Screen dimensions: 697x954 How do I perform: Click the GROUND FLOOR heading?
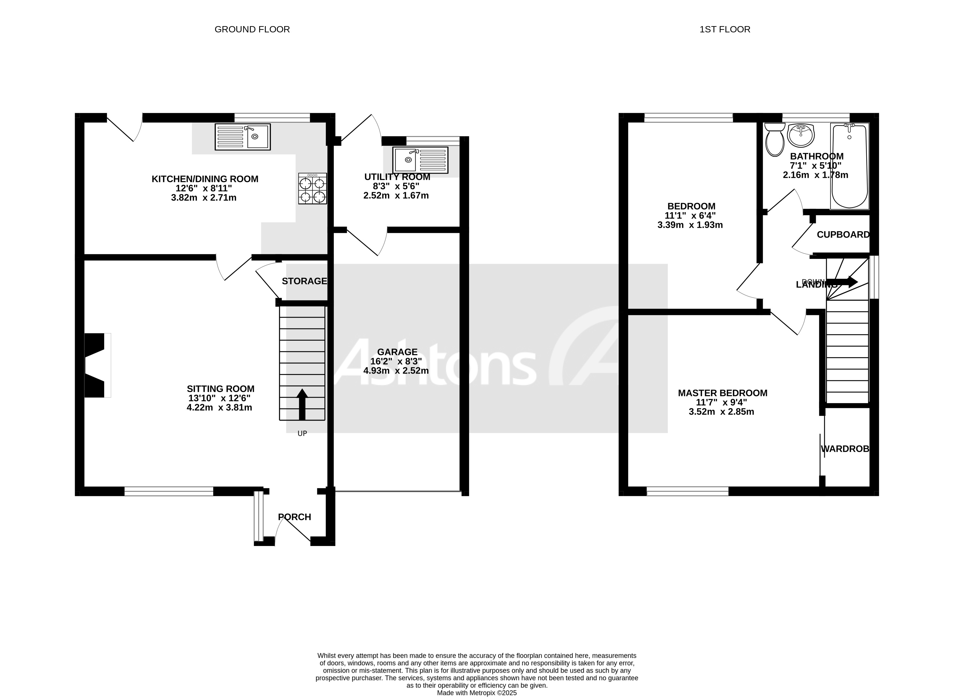coord(252,30)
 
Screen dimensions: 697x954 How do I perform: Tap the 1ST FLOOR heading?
coord(725,30)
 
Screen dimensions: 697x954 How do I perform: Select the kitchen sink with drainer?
coord(242,137)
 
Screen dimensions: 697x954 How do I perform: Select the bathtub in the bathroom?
coord(850,166)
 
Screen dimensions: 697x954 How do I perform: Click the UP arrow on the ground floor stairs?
coord(302,404)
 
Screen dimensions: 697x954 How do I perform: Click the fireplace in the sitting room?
coord(96,365)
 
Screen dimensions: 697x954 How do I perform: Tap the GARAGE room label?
coord(397,352)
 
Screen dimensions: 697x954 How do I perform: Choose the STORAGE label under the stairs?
coord(304,281)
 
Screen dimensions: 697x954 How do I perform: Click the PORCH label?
coord(294,517)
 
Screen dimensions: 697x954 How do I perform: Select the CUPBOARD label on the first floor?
coord(843,235)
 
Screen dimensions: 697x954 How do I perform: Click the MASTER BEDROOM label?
coord(723,393)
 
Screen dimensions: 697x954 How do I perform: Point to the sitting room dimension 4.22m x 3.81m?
coord(219,408)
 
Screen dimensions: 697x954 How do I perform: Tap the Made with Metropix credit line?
coord(477,693)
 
